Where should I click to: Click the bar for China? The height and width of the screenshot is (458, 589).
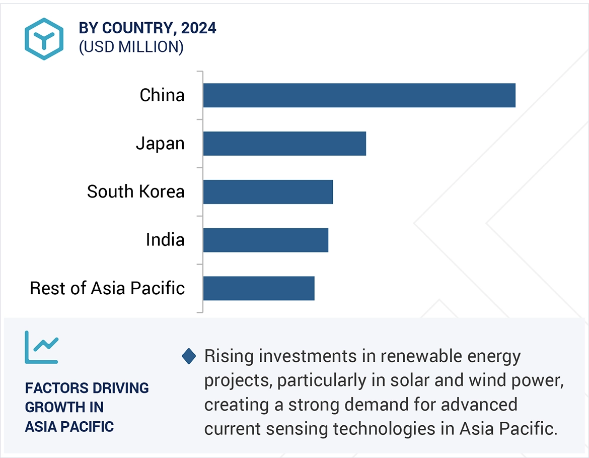click(x=359, y=95)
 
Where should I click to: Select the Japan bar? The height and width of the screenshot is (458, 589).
click(x=284, y=144)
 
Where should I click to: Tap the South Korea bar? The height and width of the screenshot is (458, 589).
click(x=268, y=191)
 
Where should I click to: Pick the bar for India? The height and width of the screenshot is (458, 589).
click(x=265, y=240)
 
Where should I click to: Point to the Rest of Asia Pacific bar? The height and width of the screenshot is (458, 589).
click(x=259, y=288)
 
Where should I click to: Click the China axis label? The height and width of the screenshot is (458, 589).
click(x=162, y=95)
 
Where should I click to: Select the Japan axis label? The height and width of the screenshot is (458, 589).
click(x=160, y=144)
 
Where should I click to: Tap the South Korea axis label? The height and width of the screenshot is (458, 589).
click(x=135, y=191)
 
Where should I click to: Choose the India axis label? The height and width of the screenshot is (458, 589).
click(x=165, y=240)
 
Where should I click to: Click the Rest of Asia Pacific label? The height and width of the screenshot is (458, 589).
click(x=107, y=288)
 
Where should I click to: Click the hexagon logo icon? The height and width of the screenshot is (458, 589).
click(x=44, y=39)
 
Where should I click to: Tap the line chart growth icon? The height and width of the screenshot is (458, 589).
click(x=41, y=347)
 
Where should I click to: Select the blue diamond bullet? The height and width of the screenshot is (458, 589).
click(x=189, y=356)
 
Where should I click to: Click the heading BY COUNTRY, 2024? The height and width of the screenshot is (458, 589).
click(x=148, y=28)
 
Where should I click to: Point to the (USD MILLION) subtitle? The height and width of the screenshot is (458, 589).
click(x=131, y=47)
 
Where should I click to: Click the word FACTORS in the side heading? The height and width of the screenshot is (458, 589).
click(x=54, y=388)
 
